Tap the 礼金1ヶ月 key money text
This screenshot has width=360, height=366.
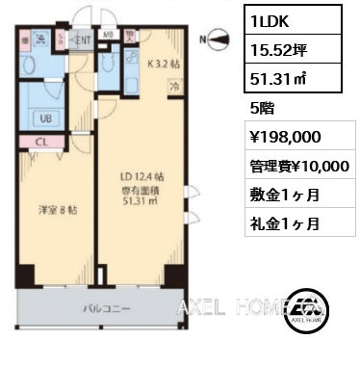tap(280, 224)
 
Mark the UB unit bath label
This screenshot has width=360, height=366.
tap(44, 118)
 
